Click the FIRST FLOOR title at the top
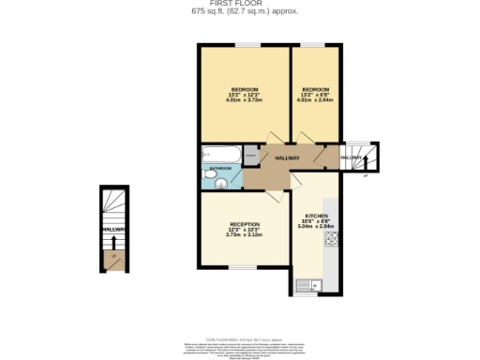coord(239,4)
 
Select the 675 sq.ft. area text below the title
coord(239,12)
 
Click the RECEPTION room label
coord(244,224)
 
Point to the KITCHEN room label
coord(315,215)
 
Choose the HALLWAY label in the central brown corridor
coord(287,158)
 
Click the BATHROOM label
coord(220,168)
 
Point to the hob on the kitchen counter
coord(331,242)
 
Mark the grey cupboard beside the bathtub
coord(250,154)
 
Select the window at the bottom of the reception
coord(244,268)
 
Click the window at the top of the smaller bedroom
coord(311,45)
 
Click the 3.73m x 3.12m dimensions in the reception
coord(244,234)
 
